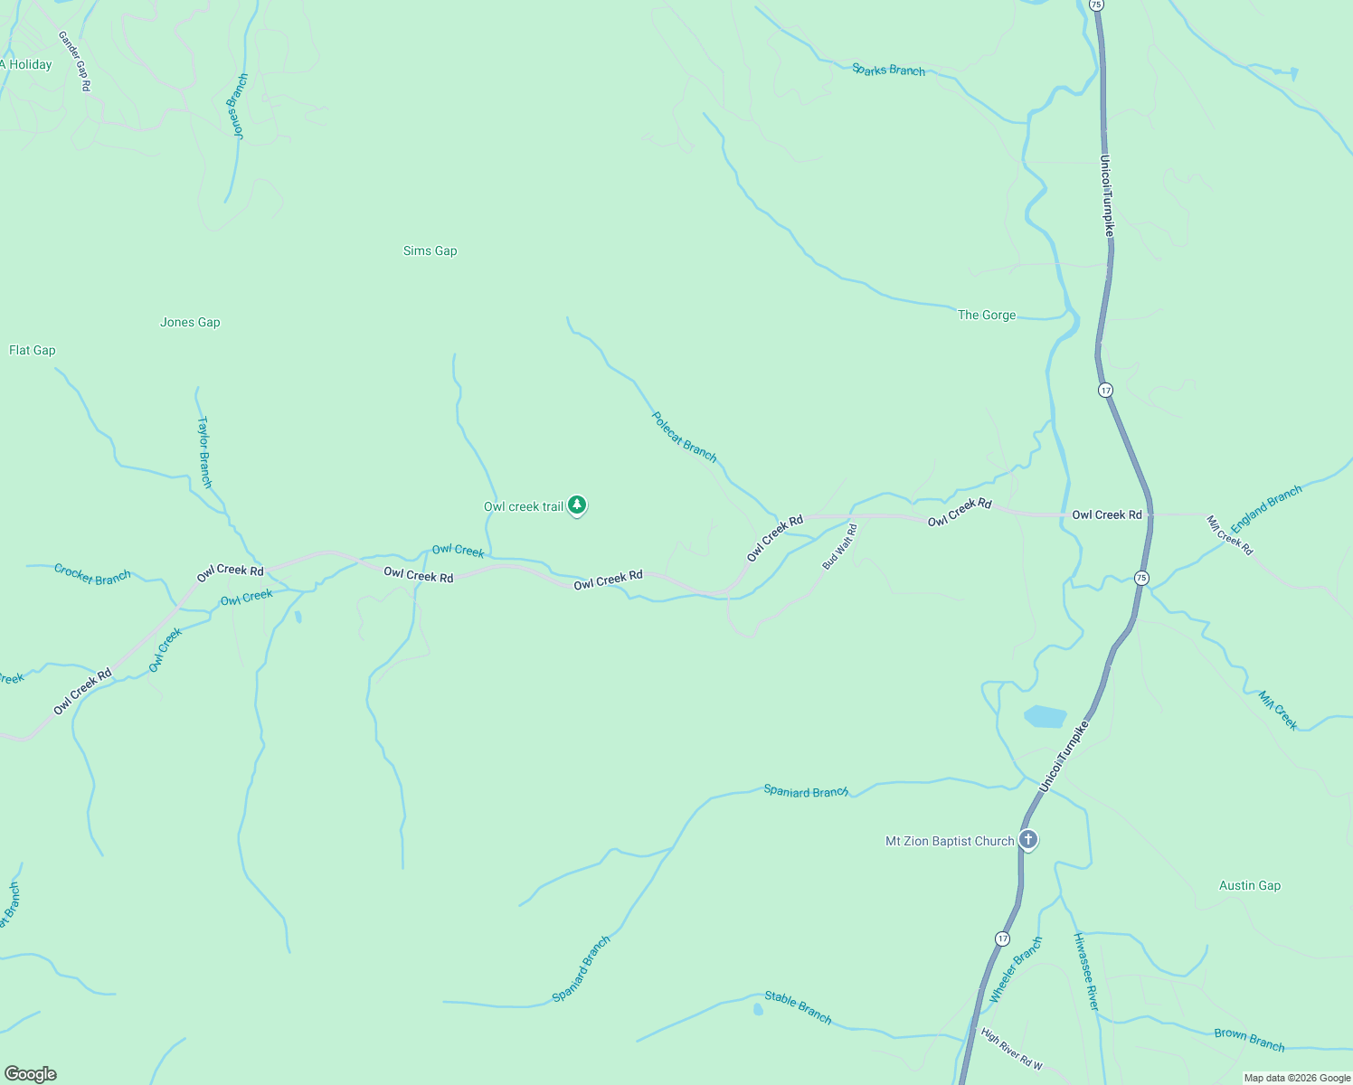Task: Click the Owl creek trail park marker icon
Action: [577, 505]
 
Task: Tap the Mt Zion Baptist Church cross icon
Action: [1027, 840]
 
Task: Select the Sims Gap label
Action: [430, 250]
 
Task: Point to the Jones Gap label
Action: [190, 322]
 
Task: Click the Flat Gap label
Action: [33, 350]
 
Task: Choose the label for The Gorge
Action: [987, 315]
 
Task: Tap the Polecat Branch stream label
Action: [684, 437]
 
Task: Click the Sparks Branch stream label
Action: [888, 70]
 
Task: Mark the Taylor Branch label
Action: [204, 452]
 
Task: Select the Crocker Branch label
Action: [92, 574]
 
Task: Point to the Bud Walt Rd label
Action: [839, 546]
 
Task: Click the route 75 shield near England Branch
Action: [1141, 578]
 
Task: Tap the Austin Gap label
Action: [1249, 885]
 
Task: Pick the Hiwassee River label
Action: [1085, 971]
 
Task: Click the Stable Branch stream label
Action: [798, 1006]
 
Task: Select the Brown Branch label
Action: [1249, 1040]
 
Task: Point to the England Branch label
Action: [1266, 508]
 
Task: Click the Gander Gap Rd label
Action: [74, 61]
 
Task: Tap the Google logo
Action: [31, 1074]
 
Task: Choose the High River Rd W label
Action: [1012, 1049]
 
